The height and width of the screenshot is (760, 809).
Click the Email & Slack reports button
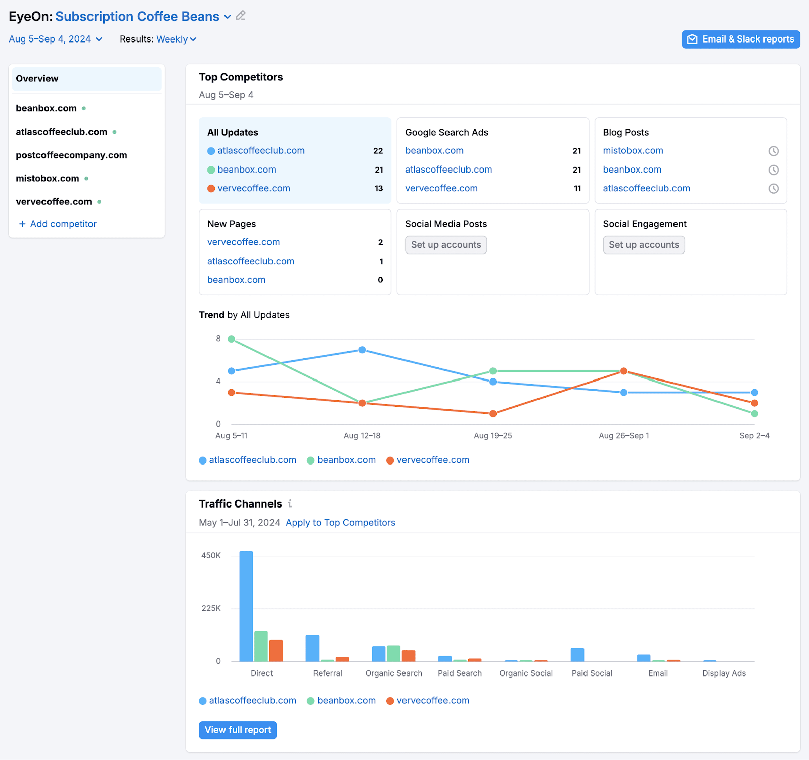[740, 39]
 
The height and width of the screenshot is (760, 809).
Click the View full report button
[238, 730]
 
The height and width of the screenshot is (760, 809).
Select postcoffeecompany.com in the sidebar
[71, 155]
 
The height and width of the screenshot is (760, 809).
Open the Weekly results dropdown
[176, 39]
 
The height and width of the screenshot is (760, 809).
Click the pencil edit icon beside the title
[241, 16]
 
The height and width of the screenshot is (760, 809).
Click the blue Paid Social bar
[577, 654]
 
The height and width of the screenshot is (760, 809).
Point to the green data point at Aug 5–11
[232, 339]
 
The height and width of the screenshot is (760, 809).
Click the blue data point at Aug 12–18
[362, 350]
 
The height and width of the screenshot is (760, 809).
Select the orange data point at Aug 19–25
[493, 414]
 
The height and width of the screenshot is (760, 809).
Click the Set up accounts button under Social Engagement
[643, 245]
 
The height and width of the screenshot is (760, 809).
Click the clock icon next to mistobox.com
[773, 151]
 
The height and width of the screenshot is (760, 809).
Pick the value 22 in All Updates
[378, 151]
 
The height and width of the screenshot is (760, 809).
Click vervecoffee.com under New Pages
[243, 242]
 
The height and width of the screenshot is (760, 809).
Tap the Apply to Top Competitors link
[340, 523]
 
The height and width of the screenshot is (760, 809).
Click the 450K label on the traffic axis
[211, 556]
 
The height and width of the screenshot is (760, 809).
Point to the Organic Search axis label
[393, 673]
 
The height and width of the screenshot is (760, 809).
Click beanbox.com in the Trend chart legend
[346, 460]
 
